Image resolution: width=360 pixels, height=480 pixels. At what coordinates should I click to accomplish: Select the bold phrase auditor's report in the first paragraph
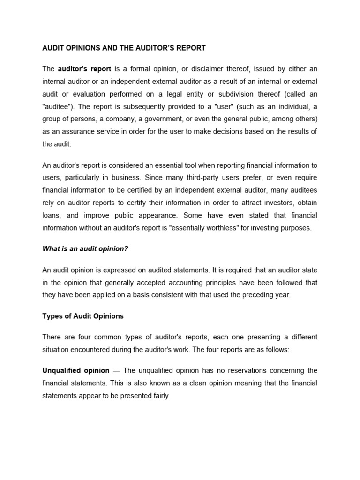tap(84, 69)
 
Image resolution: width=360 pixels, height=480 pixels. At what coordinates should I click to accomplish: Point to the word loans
tap(52, 216)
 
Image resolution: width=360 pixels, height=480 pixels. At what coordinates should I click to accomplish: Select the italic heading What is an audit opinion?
tap(85, 249)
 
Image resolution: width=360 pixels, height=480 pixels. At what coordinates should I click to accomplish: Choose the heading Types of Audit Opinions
tap(83, 316)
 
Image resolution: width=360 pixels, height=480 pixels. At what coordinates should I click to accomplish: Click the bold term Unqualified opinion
tap(76, 370)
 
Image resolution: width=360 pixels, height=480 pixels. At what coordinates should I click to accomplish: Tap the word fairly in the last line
tap(159, 395)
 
